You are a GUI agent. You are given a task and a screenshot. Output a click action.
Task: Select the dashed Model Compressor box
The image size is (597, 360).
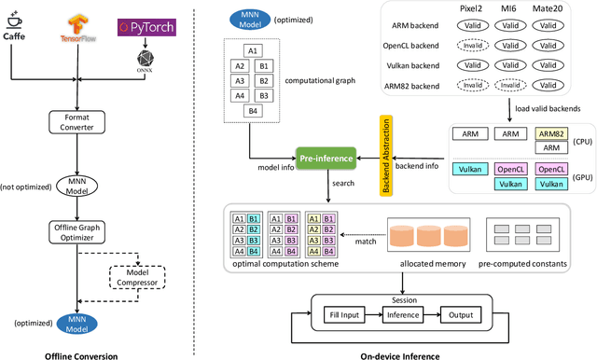point(138,277)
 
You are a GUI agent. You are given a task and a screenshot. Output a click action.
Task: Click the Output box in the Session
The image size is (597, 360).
point(463,314)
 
